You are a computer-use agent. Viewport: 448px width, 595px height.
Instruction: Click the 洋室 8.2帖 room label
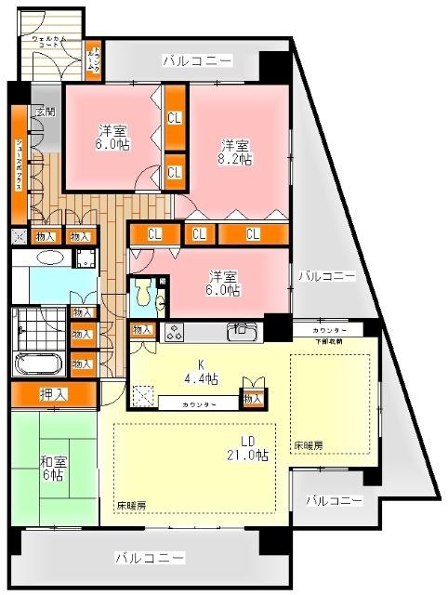click(x=236, y=152)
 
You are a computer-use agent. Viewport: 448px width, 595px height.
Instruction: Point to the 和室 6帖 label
click(x=52, y=468)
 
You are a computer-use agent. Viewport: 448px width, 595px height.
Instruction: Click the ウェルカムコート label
click(x=49, y=41)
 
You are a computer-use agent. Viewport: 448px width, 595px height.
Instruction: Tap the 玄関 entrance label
click(x=44, y=112)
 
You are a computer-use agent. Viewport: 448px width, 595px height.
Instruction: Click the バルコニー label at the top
click(x=197, y=61)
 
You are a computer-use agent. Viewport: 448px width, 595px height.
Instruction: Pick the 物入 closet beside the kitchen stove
click(x=142, y=330)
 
